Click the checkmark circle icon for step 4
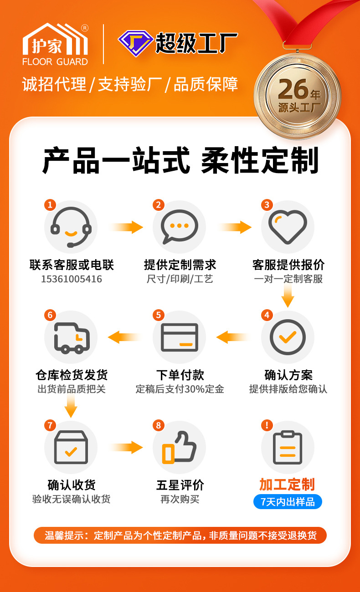(288, 337)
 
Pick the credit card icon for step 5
(180, 337)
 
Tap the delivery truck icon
(72, 338)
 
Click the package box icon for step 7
(71, 447)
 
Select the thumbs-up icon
(179, 448)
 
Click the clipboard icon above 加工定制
(288, 448)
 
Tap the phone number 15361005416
(72, 279)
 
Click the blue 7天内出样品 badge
(288, 502)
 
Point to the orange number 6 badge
(50, 315)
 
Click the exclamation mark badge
(267, 425)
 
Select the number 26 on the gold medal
(293, 89)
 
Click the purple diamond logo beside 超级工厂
(135, 43)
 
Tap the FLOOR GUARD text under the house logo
(55, 62)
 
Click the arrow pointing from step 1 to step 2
(127, 227)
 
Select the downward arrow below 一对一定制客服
(288, 296)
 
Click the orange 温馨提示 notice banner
(180, 535)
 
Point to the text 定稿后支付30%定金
(180, 389)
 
